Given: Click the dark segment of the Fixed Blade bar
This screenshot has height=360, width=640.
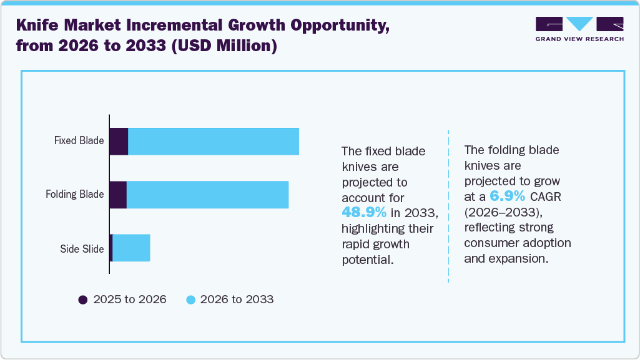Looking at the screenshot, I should (x=119, y=141).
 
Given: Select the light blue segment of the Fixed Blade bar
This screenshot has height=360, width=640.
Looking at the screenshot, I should (x=213, y=141).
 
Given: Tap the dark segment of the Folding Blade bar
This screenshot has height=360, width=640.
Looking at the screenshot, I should (x=118, y=195).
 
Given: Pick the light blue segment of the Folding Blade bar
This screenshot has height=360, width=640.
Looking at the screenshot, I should (x=207, y=195).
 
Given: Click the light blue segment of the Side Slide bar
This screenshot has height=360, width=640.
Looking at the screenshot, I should (x=131, y=248).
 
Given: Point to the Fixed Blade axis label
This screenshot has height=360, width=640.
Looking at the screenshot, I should (x=79, y=140).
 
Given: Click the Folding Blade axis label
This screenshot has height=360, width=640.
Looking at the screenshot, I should (x=74, y=194).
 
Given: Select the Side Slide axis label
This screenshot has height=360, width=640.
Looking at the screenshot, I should (x=82, y=249).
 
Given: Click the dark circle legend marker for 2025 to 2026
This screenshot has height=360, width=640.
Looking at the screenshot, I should (x=83, y=299).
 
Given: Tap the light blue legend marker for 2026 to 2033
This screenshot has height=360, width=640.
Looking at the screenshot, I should (x=191, y=299).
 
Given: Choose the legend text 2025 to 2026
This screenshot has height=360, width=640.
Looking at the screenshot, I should (x=130, y=299).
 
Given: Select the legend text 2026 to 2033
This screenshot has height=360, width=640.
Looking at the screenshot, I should (x=237, y=299).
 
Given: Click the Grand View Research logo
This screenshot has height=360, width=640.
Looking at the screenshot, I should (x=579, y=29).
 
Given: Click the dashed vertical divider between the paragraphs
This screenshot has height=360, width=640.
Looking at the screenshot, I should (x=448, y=206).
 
